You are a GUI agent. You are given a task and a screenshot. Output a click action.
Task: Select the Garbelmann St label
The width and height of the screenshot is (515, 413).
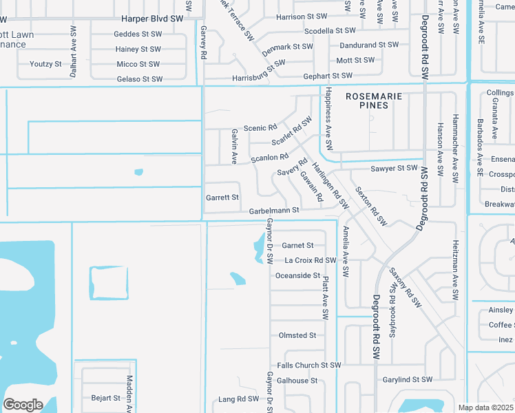[274, 211]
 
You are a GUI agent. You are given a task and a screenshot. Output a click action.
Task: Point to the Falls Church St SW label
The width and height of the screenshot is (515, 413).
[308, 366]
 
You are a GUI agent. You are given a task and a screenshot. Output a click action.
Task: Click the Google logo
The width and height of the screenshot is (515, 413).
[23, 405]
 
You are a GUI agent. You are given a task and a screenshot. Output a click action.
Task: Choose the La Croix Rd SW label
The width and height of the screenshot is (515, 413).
[310, 260]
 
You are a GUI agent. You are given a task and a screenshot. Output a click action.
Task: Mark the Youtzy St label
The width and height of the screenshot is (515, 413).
[45, 64]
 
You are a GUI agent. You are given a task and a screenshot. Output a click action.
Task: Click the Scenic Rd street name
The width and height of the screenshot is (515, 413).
[260, 128]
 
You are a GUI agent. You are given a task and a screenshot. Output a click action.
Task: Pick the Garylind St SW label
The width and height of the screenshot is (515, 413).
[407, 380]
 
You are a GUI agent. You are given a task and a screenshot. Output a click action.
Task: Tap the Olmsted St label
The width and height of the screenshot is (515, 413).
[297, 336]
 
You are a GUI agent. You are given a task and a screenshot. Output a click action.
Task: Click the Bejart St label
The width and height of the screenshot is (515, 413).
[105, 398]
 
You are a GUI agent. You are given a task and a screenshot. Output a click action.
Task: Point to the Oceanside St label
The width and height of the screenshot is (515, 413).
[297, 276]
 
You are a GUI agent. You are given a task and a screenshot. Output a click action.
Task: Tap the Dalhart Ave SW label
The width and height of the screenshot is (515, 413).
[74, 47]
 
